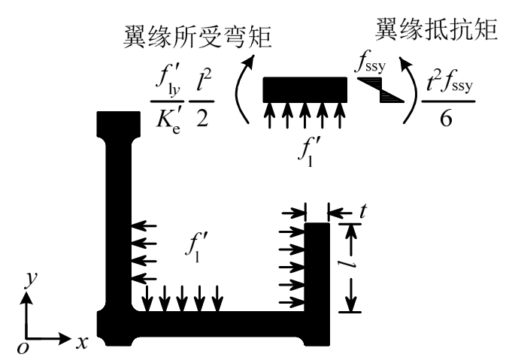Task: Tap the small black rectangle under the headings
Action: coord(304,89)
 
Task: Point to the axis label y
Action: coord(29,279)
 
